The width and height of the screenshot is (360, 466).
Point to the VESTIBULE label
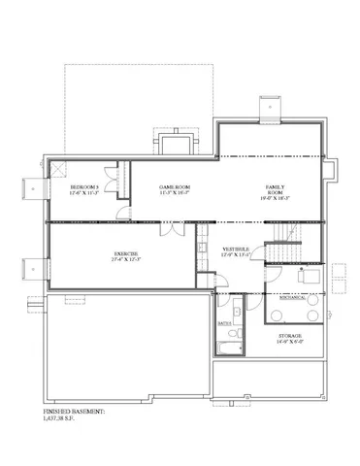coord(236,249)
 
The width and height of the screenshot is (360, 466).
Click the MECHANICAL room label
coord(292,299)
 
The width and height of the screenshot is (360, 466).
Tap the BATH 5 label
coord(223,318)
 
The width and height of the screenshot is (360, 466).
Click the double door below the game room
coord(170,230)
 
